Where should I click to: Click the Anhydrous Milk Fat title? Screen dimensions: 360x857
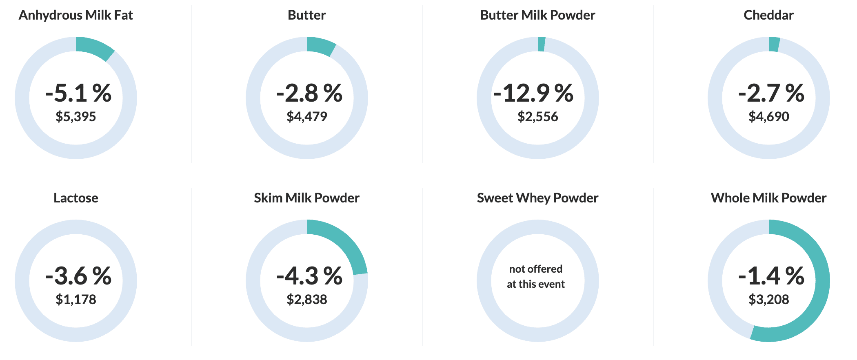pyautogui.click(x=76, y=15)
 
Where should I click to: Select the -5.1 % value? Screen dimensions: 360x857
pyautogui.click(x=78, y=93)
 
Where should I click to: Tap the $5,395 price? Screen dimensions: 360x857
pyautogui.click(x=76, y=117)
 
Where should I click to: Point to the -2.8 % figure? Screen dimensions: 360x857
pyautogui.click(x=309, y=93)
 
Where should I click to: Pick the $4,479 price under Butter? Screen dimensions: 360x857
pyautogui.click(x=307, y=117)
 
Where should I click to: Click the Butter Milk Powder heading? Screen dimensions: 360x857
pyautogui.click(x=537, y=15)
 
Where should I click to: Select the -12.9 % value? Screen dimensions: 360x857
pyautogui.click(x=533, y=93)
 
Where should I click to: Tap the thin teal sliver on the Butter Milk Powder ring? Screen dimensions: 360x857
pyautogui.click(x=541, y=44)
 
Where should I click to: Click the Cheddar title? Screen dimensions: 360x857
pyautogui.click(x=768, y=15)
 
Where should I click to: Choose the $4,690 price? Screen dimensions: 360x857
pyautogui.click(x=769, y=117)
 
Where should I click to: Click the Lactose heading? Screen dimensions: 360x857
pyautogui.click(x=76, y=198)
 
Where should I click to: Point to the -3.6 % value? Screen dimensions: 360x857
pyautogui.click(x=78, y=276)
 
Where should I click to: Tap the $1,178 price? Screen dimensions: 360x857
pyautogui.click(x=76, y=300)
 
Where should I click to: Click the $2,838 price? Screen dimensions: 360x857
pyautogui.click(x=307, y=300)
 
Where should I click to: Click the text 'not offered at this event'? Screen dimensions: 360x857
pyautogui.click(x=536, y=276)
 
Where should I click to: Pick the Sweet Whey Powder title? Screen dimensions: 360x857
pyautogui.click(x=537, y=198)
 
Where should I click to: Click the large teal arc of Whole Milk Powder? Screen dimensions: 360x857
pyautogui.click(x=820, y=294)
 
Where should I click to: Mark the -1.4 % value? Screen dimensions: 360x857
pyautogui.click(x=771, y=276)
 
